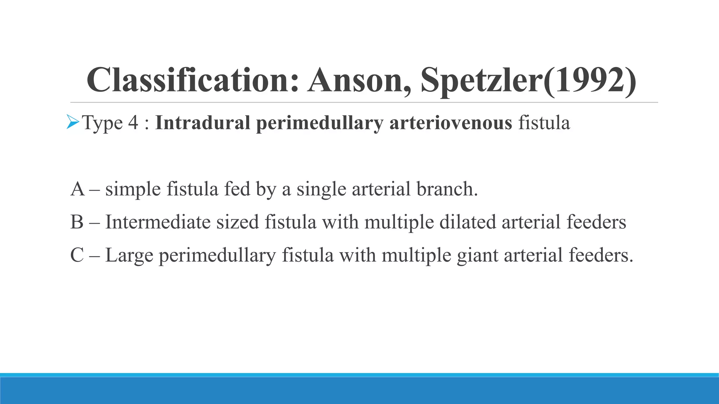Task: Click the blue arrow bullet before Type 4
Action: [73, 122]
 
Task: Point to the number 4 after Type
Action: [133, 123]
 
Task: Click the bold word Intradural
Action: [202, 123]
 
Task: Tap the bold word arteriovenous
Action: [450, 123]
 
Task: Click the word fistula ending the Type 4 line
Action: [544, 123]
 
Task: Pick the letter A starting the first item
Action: [78, 189]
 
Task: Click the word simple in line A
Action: [133, 190]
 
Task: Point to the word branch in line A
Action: [447, 189]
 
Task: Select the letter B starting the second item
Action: [77, 222]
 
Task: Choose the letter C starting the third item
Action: [77, 255]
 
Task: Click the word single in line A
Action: [321, 190]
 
